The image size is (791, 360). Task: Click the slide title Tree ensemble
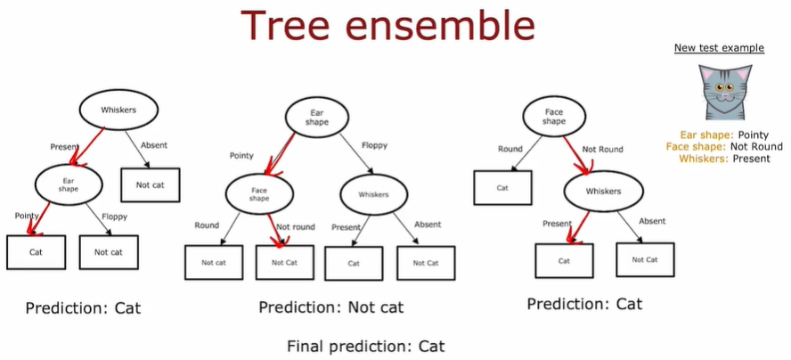tap(395, 27)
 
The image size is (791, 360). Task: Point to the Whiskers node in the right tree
tap(602, 191)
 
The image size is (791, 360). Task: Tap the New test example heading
tap(719, 48)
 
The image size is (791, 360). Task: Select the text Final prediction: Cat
tap(365, 346)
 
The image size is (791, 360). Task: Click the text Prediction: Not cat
tap(330, 307)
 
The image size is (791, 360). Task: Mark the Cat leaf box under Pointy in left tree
tap(37, 252)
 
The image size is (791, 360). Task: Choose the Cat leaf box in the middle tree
tap(353, 263)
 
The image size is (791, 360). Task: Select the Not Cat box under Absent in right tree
tap(644, 259)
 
